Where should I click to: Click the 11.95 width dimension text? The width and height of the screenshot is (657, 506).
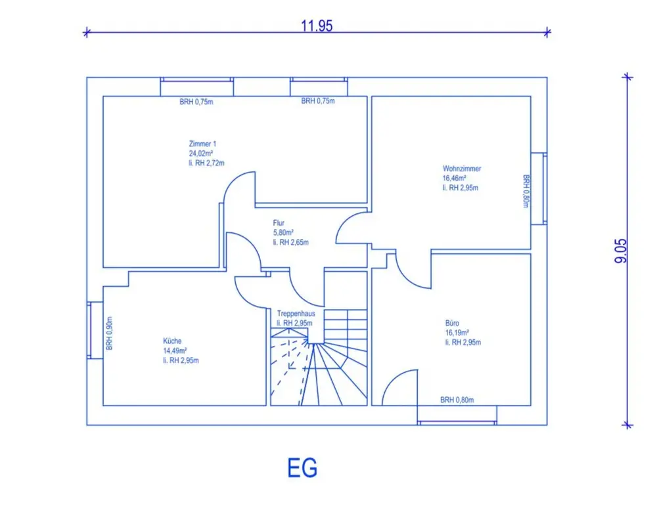coord(317,26)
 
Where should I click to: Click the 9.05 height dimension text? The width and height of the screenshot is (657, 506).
coord(621,251)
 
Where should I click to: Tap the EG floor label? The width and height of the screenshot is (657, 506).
coord(302,468)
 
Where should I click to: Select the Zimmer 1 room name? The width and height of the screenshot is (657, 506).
coord(202,144)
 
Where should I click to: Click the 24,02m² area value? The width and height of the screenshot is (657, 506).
coord(200,153)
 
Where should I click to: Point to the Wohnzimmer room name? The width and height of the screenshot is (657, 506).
coord(462,168)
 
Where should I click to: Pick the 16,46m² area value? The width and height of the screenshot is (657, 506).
coord(455,178)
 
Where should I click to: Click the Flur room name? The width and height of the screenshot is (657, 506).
coord(279,222)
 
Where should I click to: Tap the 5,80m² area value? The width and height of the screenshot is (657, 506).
coord(283,232)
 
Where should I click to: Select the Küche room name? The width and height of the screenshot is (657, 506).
coord(172,341)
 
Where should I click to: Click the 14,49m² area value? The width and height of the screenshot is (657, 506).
coord(175,350)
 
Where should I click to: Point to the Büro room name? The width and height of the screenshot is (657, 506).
coord(452,323)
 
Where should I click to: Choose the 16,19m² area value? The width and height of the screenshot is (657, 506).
coord(457,332)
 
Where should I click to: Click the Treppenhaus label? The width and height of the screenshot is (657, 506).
coord(296,314)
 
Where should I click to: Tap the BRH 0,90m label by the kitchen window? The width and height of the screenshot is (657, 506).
coord(109,333)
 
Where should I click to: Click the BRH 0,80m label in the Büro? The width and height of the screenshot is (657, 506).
coord(457,400)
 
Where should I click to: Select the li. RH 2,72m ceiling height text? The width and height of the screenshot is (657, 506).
coord(206,163)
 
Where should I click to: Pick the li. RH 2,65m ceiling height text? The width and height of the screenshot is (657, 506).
coord(291,242)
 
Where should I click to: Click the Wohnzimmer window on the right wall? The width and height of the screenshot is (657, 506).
coord(539,188)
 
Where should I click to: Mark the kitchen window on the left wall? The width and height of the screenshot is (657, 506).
coord(95,330)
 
